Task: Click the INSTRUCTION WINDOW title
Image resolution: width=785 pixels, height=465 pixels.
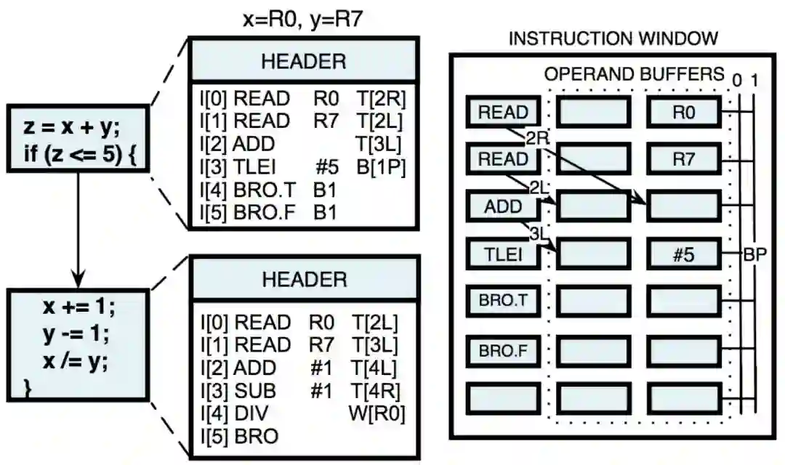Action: click(613, 39)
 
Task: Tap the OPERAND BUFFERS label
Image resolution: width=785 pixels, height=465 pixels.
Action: click(635, 74)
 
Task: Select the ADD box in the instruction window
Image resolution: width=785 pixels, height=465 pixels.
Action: click(503, 206)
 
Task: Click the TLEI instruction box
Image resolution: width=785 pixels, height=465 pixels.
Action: click(503, 254)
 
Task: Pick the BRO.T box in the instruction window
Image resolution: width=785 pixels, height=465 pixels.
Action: click(503, 302)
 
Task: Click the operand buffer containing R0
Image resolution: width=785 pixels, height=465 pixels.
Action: click(683, 113)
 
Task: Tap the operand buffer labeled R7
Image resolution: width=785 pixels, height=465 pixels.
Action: click(683, 160)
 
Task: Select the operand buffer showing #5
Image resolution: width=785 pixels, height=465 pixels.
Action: click(683, 254)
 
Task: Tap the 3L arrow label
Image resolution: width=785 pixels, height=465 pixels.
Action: click(538, 234)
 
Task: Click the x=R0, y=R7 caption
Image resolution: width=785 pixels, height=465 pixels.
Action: click(302, 20)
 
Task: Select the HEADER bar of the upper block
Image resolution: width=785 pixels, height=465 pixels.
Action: click(304, 61)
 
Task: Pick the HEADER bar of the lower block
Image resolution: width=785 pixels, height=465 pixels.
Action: click(305, 279)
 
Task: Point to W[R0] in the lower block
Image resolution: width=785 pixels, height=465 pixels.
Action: click(377, 413)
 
